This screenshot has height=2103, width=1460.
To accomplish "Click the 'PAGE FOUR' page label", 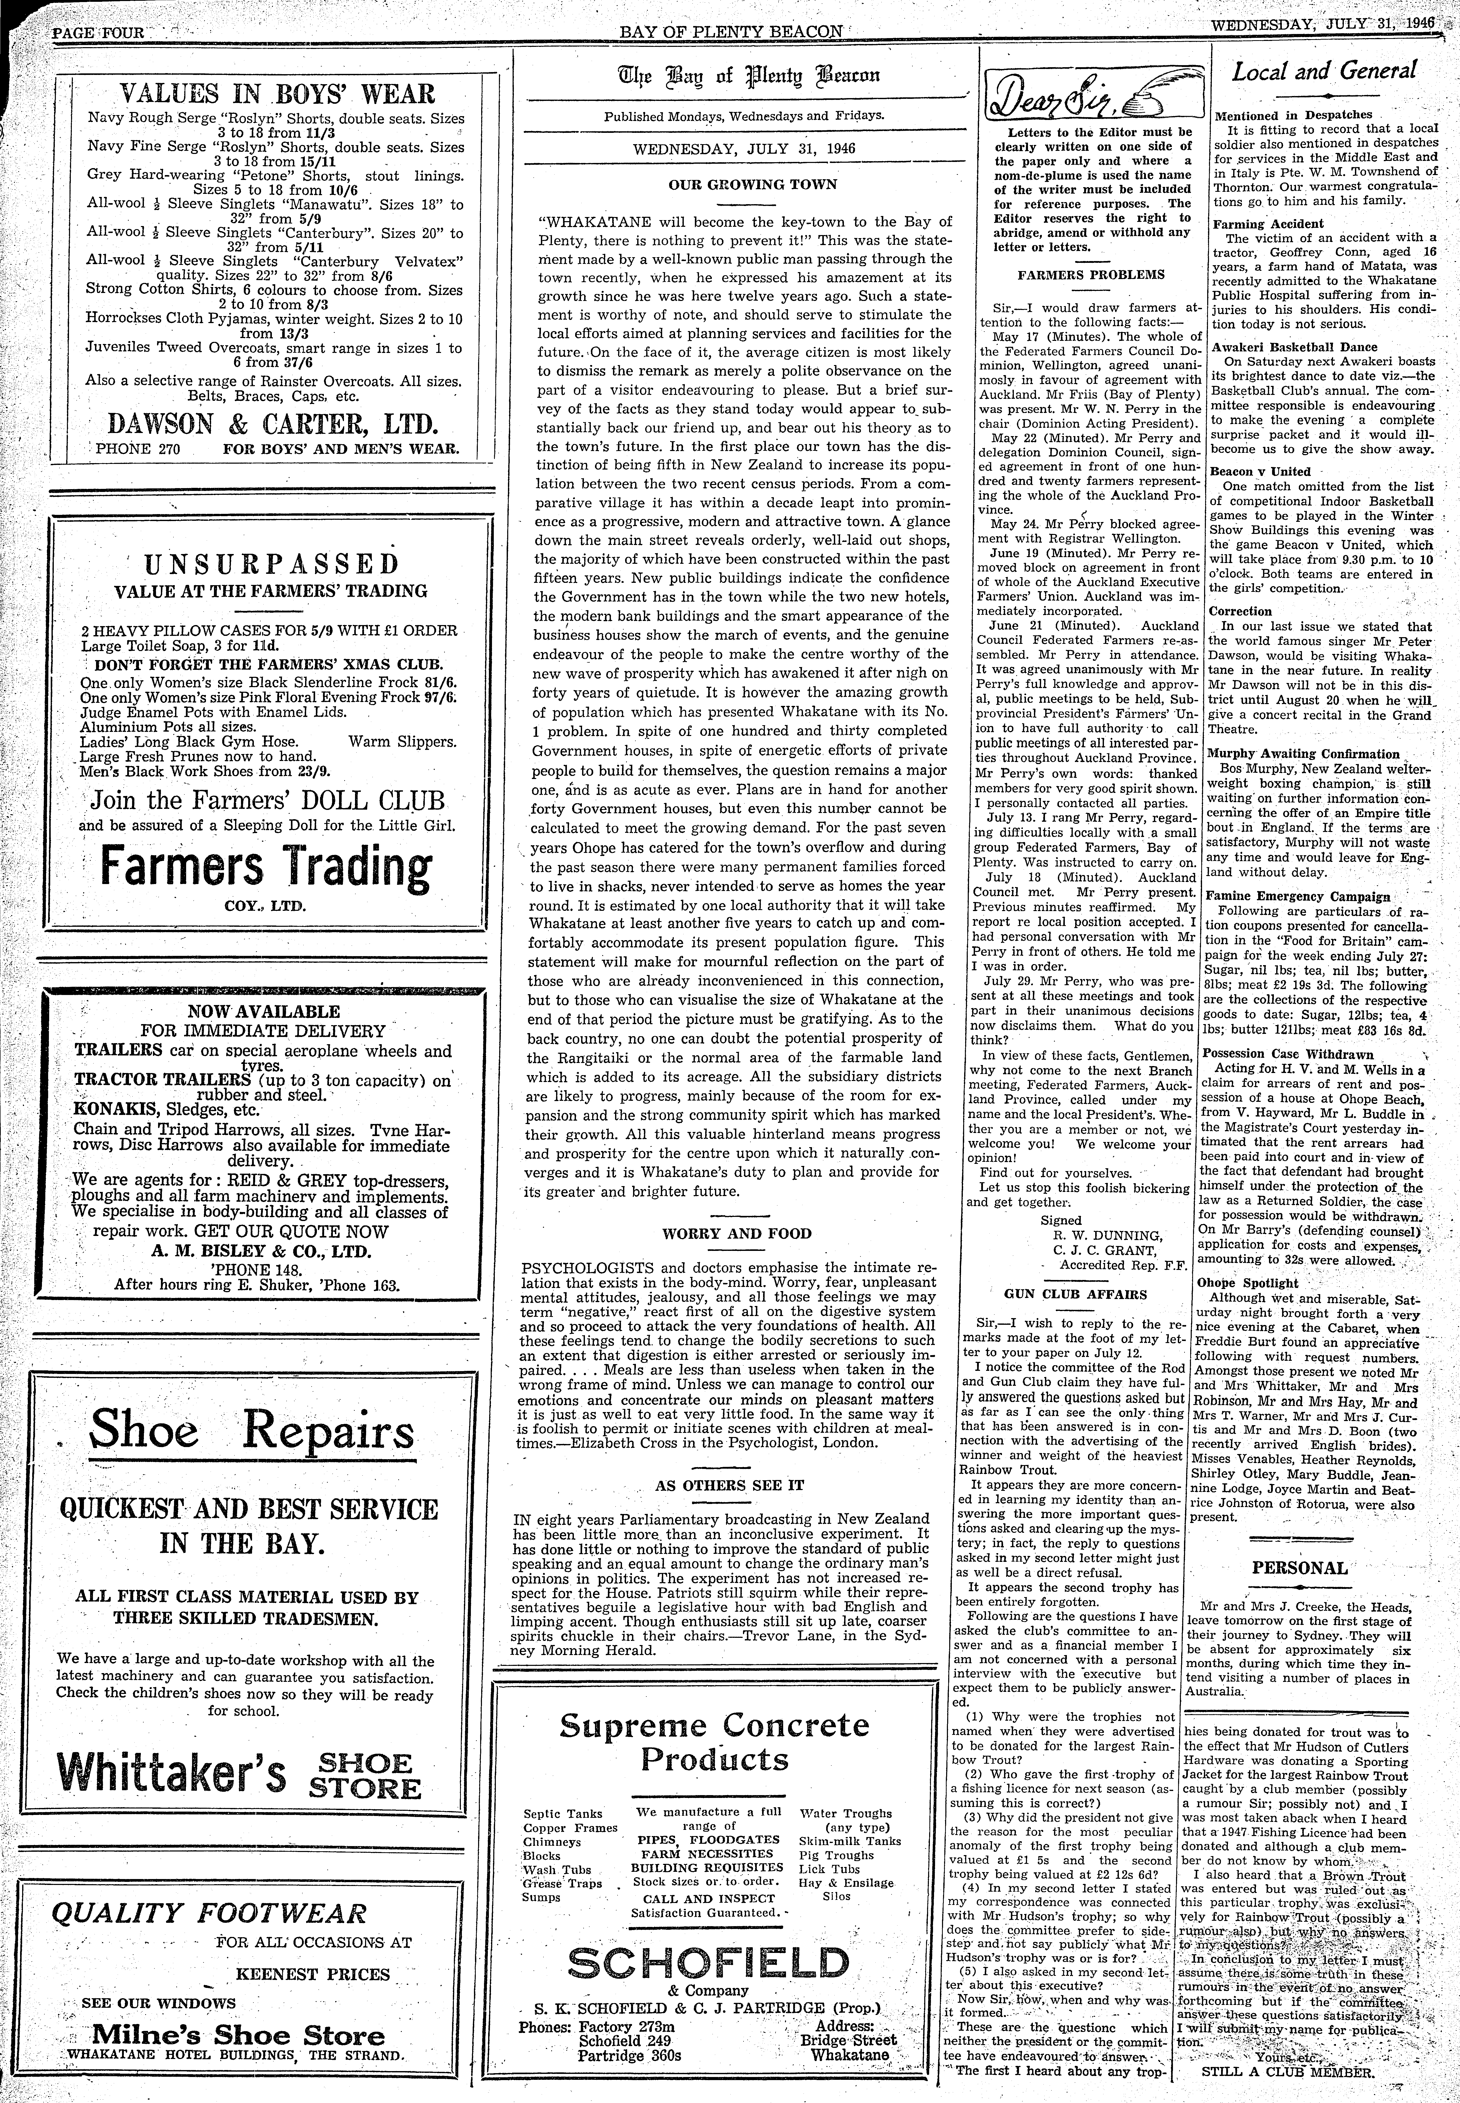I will pyautogui.click(x=98, y=32).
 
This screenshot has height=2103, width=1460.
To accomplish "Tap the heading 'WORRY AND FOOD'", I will pyautogui.click(x=737, y=1233).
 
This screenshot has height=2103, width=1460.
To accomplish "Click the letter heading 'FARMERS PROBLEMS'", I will pyautogui.click(x=1090, y=274).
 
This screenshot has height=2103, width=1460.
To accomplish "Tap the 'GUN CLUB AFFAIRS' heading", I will pyautogui.click(x=1075, y=1294).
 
